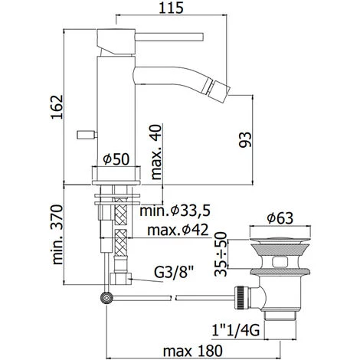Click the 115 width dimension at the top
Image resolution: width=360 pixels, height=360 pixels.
click(171, 8)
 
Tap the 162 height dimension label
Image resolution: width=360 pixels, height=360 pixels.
click(57, 106)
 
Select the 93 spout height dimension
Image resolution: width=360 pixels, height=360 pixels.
click(245, 139)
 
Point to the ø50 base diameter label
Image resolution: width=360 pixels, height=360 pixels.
click(116, 159)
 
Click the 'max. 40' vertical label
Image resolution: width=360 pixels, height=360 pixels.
click(156, 152)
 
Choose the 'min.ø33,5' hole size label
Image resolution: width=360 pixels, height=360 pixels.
click(175, 211)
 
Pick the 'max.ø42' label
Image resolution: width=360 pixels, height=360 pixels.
click(178, 230)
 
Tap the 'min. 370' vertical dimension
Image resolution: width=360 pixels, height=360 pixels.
click(57, 234)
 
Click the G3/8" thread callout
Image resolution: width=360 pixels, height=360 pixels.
click(173, 273)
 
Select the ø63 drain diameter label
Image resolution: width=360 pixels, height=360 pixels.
click(280, 218)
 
